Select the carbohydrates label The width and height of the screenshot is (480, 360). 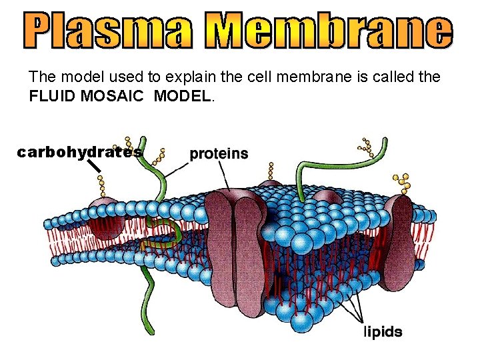(x=79, y=152)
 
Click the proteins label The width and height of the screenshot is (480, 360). (x=219, y=153)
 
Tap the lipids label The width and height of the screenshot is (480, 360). (x=383, y=331)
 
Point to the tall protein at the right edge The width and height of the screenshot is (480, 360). (x=401, y=230)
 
